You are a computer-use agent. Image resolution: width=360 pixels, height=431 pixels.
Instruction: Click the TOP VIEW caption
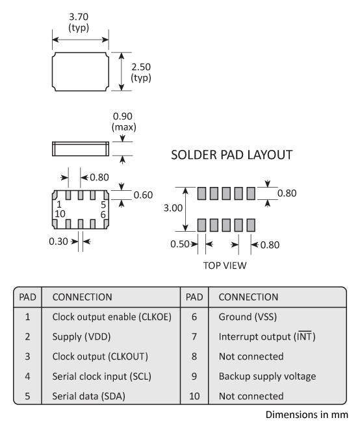225,265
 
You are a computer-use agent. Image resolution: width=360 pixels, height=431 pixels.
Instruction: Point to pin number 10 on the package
60,214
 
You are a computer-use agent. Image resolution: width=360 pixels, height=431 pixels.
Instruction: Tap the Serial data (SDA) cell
90,395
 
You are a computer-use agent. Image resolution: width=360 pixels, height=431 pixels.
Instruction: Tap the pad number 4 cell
28,376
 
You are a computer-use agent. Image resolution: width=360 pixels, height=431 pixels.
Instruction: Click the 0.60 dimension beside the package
143,194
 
